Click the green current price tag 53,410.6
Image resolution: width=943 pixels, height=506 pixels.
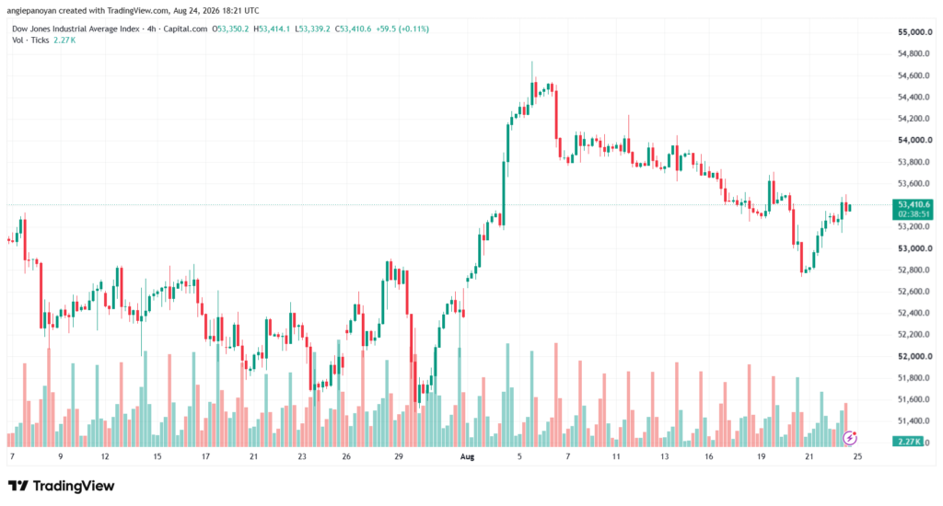[x=914, y=204]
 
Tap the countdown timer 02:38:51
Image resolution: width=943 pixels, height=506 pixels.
[x=914, y=214]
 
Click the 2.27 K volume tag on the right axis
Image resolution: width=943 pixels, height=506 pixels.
[x=909, y=442]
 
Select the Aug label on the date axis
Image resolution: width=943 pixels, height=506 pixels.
[x=467, y=456]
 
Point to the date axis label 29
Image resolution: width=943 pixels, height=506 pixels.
[x=399, y=456]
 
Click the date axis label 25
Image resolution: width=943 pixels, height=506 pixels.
[x=857, y=456]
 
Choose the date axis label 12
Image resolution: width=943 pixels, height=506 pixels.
[x=105, y=456]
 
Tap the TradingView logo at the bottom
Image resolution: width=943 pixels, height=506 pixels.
[x=62, y=486]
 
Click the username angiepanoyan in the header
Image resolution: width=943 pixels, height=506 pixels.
[x=32, y=11]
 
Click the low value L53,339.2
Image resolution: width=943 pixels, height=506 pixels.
[x=313, y=29]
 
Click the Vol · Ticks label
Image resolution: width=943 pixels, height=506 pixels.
[x=30, y=40]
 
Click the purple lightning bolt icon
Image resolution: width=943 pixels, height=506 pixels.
[x=850, y=438]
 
